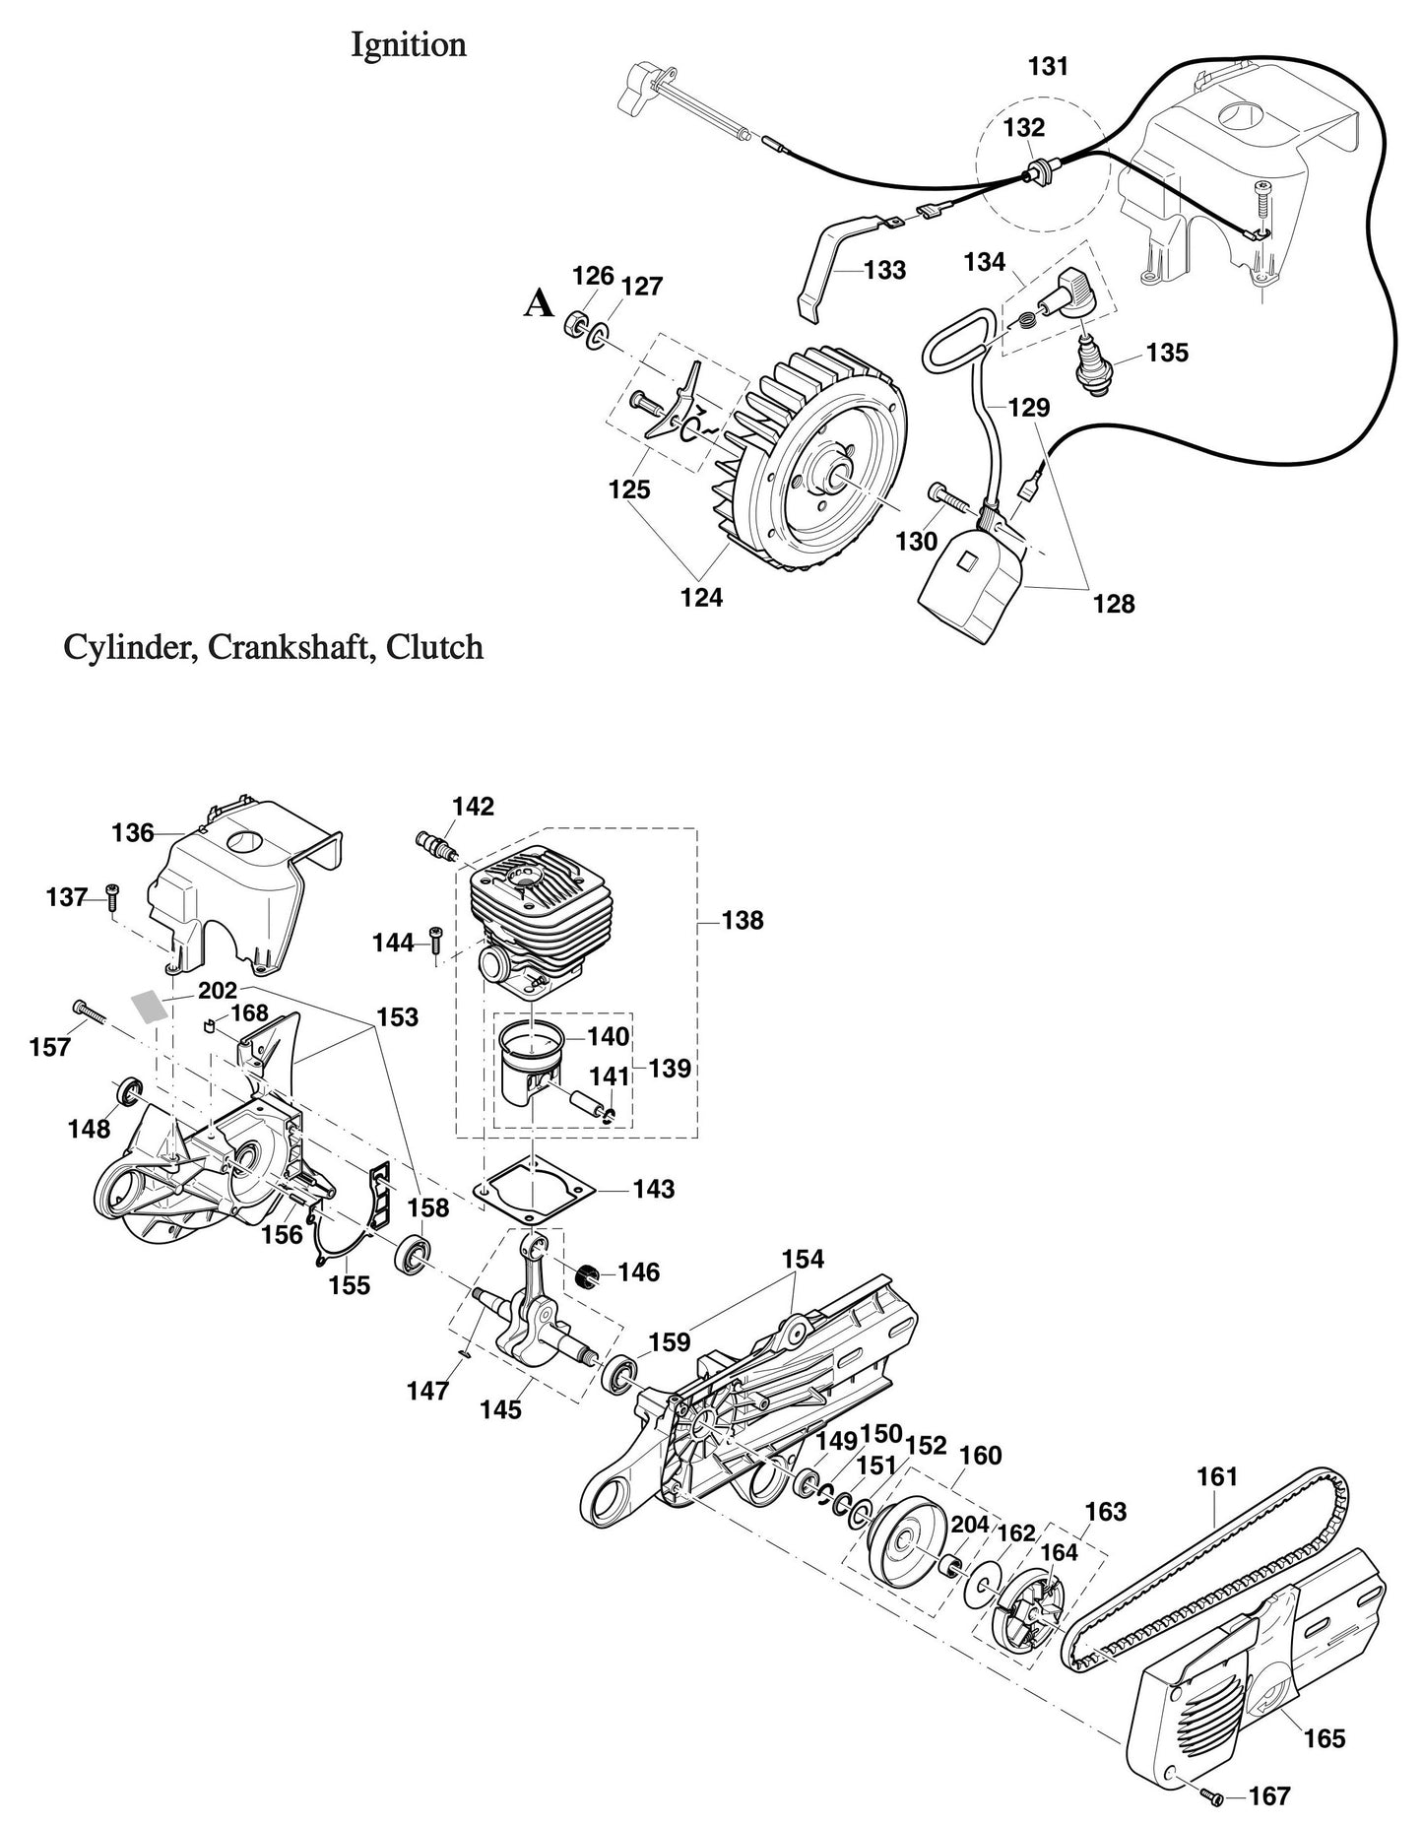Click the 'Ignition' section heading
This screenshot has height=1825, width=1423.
[x=409, y=45]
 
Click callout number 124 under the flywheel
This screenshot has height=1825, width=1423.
[x=701, y=597]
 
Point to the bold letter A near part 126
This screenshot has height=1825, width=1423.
[x=538, y=304]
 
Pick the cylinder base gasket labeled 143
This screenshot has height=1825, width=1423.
[x=534, y=1189]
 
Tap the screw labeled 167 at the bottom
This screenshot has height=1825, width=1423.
[x=1215, y=1798]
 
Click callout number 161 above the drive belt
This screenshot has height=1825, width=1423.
[x=1217, y=1477]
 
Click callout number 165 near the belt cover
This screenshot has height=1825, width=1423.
[x=1324, y=1738]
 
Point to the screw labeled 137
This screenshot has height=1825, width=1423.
[x=111, y=894]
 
